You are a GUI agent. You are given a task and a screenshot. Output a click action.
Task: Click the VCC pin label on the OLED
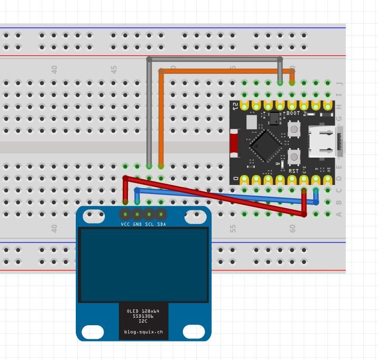coord(125,224)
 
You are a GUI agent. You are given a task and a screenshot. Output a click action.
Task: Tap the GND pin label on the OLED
coord(137,224)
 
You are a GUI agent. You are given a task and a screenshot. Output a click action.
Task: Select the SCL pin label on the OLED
coord(150,224)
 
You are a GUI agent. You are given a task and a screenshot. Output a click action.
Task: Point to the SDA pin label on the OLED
coord(162,224)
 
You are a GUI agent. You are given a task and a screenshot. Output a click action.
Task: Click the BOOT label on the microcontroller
coord(293,113)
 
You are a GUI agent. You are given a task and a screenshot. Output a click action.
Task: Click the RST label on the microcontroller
coord(293,171)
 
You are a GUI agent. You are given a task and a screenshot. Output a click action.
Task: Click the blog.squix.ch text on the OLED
coord(144,332)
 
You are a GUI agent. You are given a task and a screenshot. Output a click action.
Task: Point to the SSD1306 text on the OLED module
coord(143,316)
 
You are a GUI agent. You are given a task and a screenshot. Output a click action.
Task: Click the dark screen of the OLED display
coord(144,265)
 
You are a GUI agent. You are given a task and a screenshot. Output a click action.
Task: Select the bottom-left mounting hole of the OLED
coord(93,332)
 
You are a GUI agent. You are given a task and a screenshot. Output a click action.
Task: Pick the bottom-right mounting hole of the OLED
coord(194,332)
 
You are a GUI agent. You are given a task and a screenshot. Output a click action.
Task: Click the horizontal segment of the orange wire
coord(226,71)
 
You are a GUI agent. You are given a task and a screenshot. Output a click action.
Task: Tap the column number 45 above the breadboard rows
coord(114,69)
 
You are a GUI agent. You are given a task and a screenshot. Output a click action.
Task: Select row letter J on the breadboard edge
coord(339,83)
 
